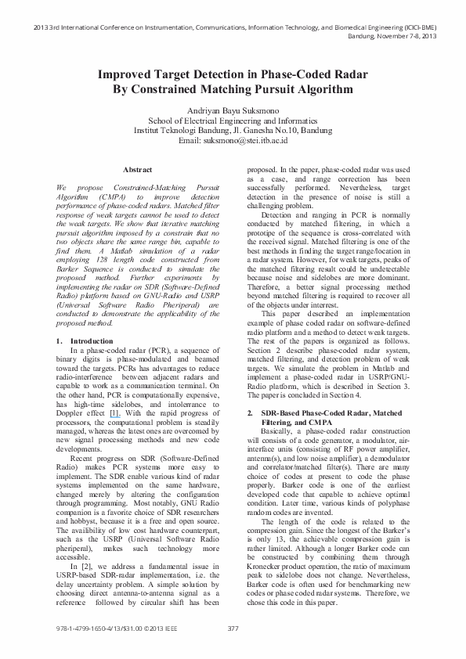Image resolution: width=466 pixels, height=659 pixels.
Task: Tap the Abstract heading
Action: point(138,169)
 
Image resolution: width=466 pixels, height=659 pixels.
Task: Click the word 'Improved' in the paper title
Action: point(128,76)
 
